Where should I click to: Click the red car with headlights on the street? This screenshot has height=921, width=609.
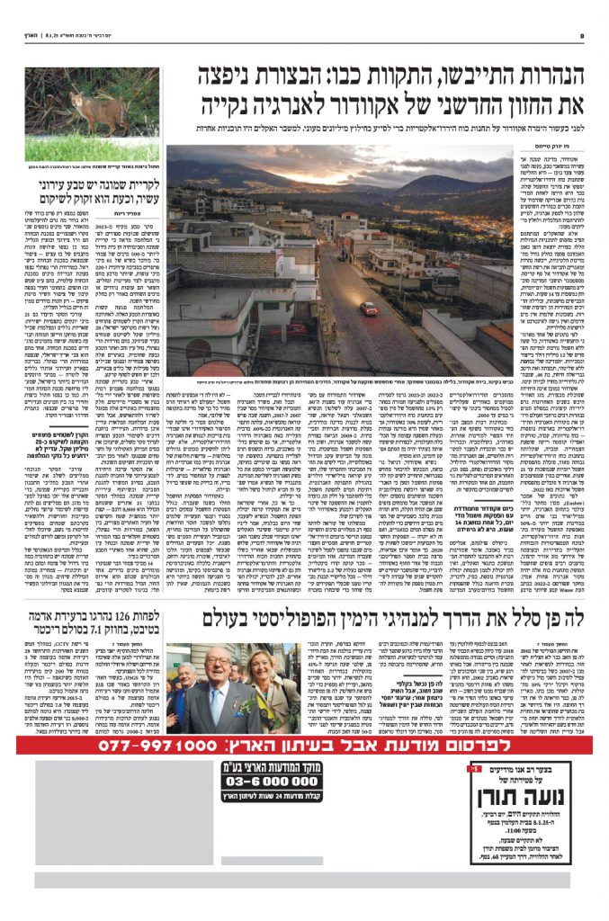coord(369,308)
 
